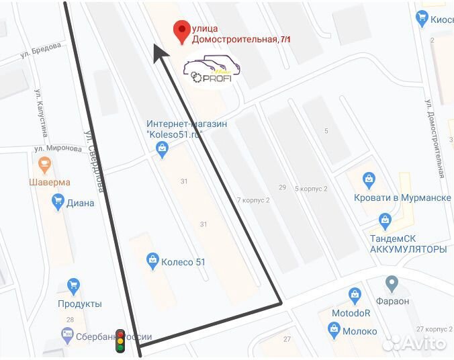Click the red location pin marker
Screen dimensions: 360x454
(180, 31)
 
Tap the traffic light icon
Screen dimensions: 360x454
(120, 341)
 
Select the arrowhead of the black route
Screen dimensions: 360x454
(158, 54)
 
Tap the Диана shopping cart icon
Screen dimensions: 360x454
(58, 200)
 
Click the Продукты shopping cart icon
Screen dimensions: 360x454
(73, 287)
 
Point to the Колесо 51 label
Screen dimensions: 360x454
(183, 262)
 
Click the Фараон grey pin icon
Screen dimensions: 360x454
(392, 283)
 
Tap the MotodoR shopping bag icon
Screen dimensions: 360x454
(355, 295)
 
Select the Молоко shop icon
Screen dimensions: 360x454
(333, 329)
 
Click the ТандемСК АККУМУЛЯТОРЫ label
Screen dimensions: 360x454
(408, 244)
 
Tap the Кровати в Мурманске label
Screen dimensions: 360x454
(402, 197)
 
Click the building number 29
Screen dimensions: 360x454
(282, 187)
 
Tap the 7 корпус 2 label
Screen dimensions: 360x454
(253, 200)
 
